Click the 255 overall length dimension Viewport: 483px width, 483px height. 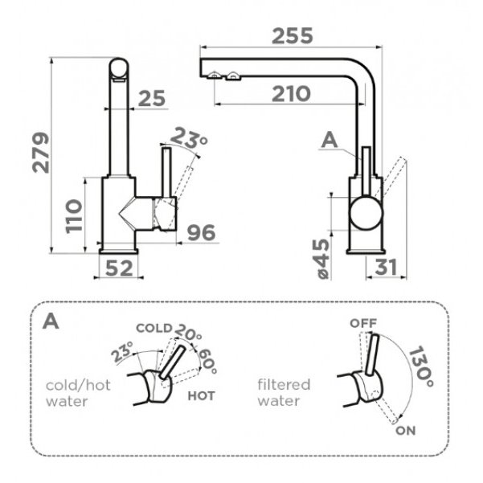293,35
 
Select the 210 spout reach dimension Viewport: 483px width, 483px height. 291,94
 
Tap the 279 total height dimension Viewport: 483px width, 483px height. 41,153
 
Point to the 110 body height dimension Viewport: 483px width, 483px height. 74,216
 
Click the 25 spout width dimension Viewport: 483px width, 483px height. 152,99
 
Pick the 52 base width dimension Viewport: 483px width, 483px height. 119,268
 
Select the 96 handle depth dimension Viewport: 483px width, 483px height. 202,232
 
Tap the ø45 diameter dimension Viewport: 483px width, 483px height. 323,259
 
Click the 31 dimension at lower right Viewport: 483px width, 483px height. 387,267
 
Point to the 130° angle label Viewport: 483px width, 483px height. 421,366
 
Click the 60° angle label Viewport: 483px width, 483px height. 208,361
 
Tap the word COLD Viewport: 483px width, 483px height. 154,328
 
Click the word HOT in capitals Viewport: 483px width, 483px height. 201,396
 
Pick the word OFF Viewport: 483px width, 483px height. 363,323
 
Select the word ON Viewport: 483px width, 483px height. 405,431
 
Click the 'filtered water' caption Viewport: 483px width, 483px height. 284,393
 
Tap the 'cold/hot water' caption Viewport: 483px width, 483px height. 78,393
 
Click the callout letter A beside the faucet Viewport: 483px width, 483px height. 330,141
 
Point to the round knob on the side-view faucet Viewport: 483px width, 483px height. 366,213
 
